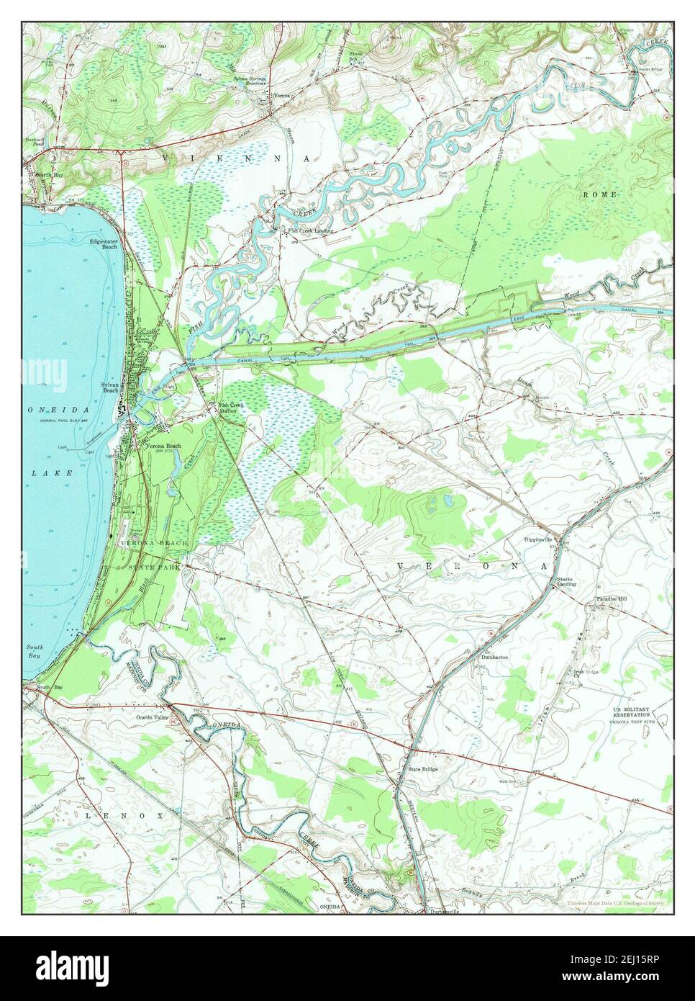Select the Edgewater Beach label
pos(104,243)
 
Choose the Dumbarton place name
pos(496,657)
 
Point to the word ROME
pos(596,195)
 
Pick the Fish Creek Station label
pos(232,408)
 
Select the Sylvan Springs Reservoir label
pos(248,80)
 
